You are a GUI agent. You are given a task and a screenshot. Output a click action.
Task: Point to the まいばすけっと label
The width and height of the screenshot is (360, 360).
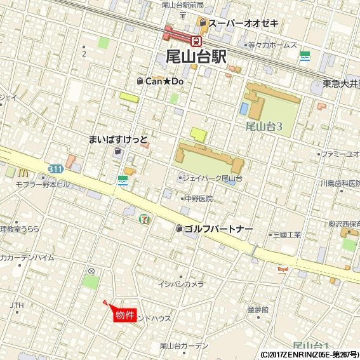point(119,139)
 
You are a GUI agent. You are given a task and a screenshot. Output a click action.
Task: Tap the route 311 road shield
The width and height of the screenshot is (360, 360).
point(55,168)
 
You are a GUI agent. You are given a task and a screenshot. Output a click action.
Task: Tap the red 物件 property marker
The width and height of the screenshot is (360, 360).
point(125,314)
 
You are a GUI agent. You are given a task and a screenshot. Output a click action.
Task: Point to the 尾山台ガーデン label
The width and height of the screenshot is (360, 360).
point(184,345)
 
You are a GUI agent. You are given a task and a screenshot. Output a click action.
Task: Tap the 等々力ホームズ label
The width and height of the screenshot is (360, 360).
point(272,45)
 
